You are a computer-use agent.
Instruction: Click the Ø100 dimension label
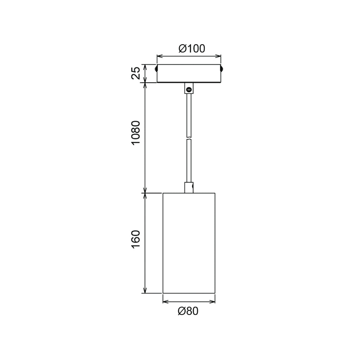coord(192,49)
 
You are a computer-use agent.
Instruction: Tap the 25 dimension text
coord(136,73)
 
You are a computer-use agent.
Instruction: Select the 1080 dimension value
coord(136,132)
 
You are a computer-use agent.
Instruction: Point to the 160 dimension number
coord(136,239)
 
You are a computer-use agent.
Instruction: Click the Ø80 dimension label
coord(188,311)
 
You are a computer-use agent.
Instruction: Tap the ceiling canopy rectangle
coord(189,73)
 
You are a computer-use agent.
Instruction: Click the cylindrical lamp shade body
coord(189,243)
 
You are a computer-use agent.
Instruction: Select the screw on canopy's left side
coord(156,68)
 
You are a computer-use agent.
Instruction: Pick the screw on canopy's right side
coord(221,68)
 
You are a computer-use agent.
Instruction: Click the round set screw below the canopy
coord(189,89)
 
